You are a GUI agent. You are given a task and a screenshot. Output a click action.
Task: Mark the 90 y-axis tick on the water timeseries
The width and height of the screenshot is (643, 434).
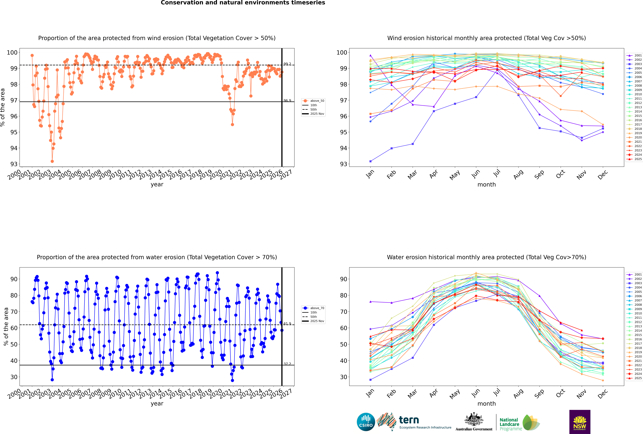click(14, 279)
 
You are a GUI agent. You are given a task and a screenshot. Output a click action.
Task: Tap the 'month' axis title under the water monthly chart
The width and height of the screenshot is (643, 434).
click(487, 404)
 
